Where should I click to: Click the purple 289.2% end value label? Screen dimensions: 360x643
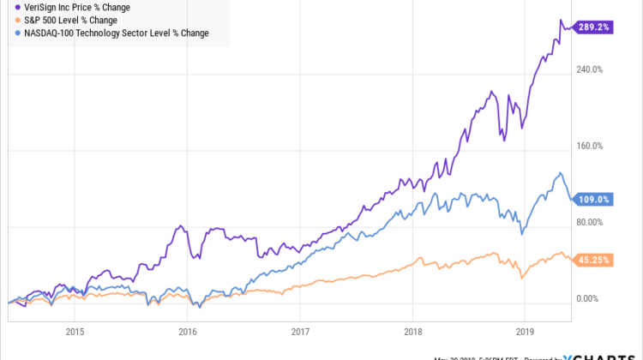click(x=595, y=27)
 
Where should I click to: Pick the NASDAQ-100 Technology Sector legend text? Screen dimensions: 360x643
click(x=117, y=33)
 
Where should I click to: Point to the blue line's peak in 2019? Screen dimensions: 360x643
click(x=560, y=173)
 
